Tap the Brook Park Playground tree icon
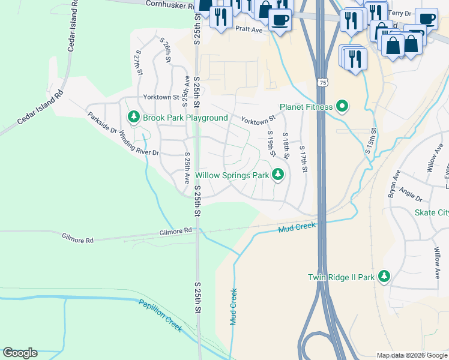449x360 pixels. click(133, 118)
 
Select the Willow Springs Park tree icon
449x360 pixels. click(277, 175)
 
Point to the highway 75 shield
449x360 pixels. click(323, 82)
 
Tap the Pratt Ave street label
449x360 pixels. click(249, 29)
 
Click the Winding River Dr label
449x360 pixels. click(139, 144)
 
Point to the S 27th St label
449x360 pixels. click(139, 62)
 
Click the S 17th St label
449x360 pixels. click(303, 159)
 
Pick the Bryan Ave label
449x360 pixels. click(394, 183)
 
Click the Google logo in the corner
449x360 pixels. click(20, 353)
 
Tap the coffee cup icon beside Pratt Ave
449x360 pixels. click(280, 20)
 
